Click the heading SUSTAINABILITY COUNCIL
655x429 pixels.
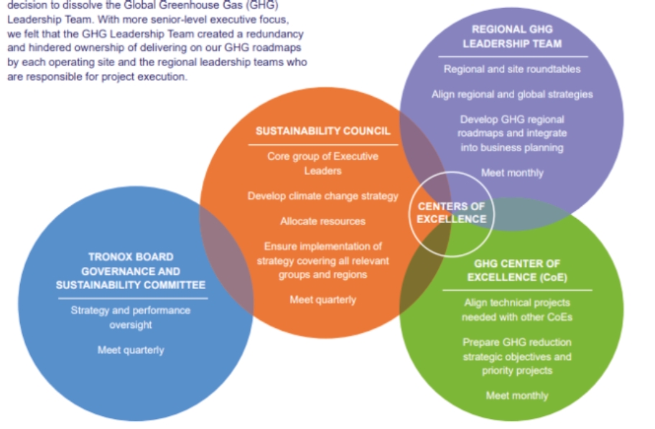[x=322, y=131]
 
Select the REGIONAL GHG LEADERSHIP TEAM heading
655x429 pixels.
[x=511, y=37]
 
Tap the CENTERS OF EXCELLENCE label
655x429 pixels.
[x=451, y=212]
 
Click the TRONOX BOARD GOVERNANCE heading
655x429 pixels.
[x=131, y=271]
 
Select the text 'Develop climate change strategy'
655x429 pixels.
[x=322, y=196]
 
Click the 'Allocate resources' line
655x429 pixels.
[x=322, y=221]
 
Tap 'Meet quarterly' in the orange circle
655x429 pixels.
[x=322, y=299]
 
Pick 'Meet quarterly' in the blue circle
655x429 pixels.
[x=131, y=350]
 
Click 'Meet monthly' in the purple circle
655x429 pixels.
[x=512, y=172]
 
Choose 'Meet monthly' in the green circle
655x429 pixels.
[x=516, y=395]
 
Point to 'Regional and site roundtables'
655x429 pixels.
[x=512, y=70]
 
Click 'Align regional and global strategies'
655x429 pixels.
[x=512, y=94]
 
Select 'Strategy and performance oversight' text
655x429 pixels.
[x=131, y=317]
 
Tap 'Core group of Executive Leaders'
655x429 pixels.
[x=322, y=163]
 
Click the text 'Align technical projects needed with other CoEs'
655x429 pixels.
[x=516, y=310]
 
